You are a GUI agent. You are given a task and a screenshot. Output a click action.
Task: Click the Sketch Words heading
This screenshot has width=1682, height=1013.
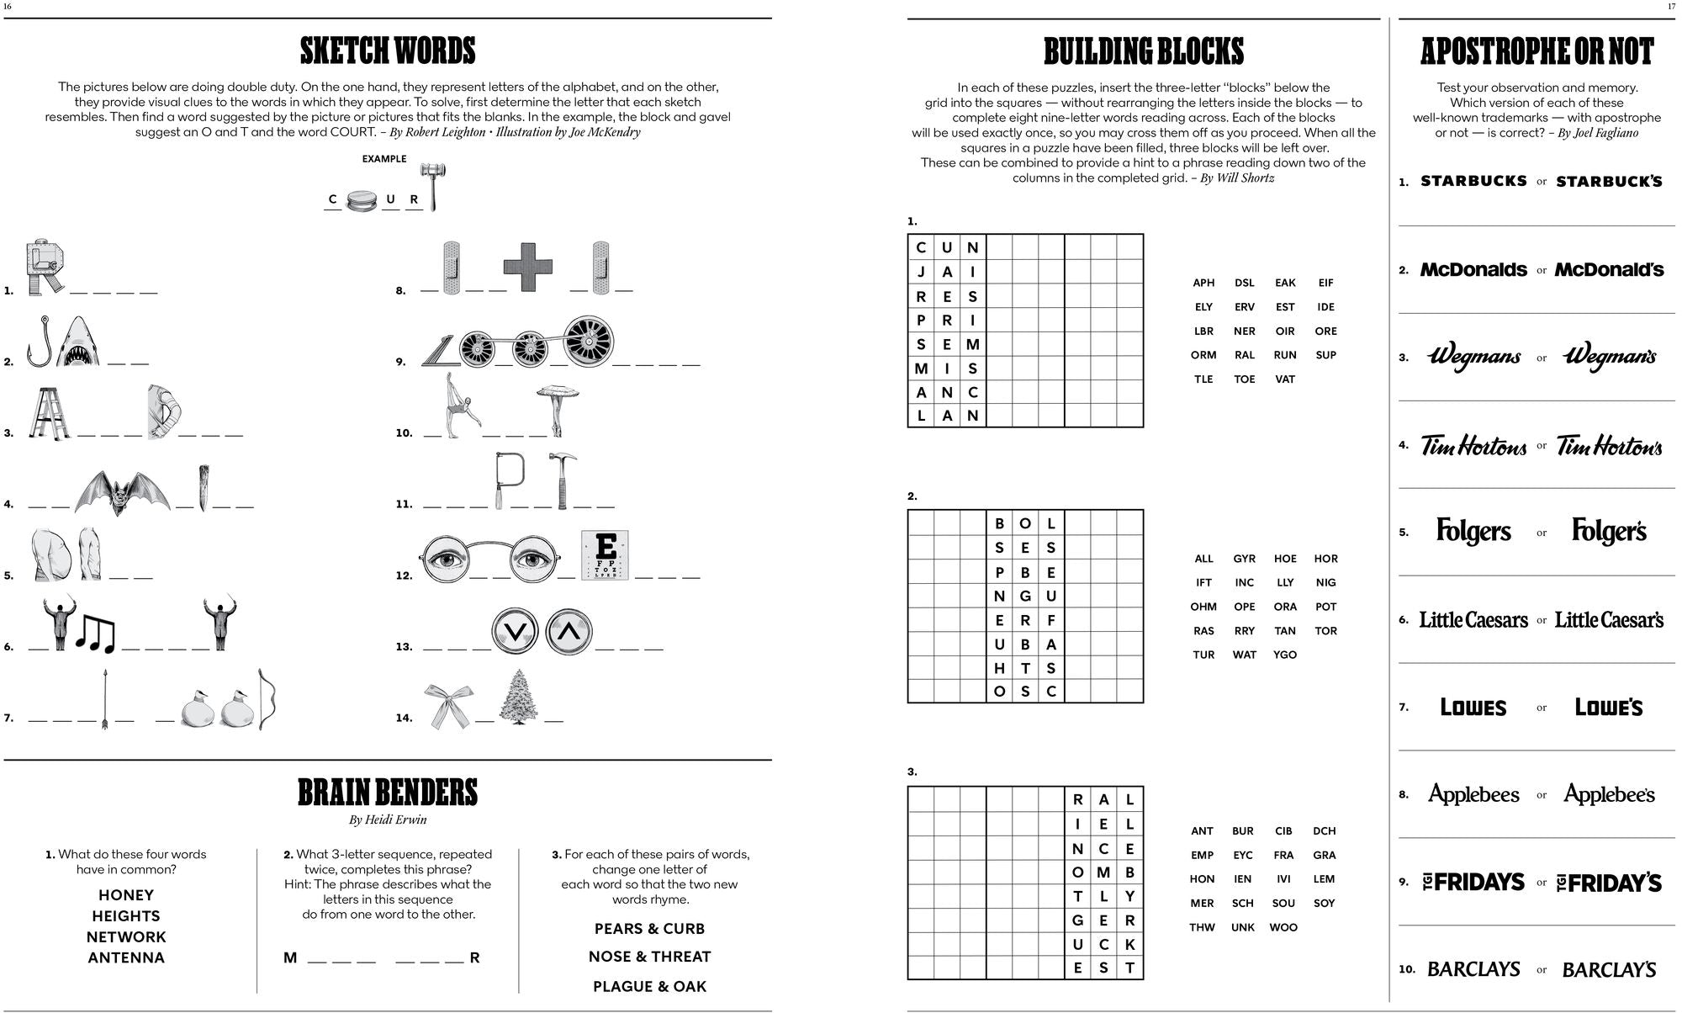click(388, 51)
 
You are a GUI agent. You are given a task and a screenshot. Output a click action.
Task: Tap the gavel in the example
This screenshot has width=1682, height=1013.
click(433, 185)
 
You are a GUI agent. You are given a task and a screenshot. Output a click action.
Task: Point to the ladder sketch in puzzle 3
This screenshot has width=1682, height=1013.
click(49, 413)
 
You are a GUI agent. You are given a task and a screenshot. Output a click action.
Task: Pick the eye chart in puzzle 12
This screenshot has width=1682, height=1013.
click(606, 555)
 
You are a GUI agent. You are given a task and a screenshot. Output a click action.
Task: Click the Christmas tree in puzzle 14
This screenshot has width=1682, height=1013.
click(519, 697)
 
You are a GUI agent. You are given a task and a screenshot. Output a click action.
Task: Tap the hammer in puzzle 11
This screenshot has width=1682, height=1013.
click(562, 480)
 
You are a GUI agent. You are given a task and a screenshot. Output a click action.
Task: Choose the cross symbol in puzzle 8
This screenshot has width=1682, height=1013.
click(528, 266)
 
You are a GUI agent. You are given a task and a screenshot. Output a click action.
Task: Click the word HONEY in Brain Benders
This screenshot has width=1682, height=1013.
click(126, 895)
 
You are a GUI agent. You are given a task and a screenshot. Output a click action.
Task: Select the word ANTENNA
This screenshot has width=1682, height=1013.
click(126, 957)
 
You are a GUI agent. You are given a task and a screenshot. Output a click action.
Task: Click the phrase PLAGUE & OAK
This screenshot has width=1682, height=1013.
click(649, 986)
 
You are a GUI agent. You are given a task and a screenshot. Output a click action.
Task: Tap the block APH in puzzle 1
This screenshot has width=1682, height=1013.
click(1203, 283)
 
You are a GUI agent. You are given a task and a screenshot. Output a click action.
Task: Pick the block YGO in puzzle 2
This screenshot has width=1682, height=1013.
click(1285, 655)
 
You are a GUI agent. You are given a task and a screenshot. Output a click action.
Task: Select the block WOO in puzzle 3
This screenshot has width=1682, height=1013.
click(1283, 927)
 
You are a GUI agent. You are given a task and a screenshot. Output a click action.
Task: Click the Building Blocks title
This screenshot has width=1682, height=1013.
click(1144, 51)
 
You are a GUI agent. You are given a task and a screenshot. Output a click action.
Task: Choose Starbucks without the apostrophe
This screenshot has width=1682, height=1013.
click(1473, 181)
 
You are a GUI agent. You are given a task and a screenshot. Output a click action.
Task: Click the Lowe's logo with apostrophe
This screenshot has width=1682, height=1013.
click(1609, 708)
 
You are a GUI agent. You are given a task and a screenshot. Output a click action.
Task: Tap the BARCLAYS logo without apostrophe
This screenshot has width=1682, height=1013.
click(1473, 969)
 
